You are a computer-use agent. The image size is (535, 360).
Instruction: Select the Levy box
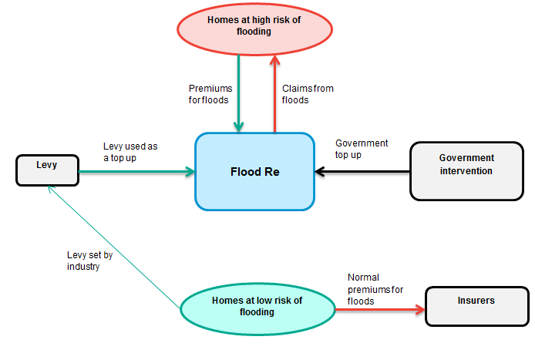pyautogui.click(x=47, y=170)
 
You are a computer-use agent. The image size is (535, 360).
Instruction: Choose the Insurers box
pyautogui.click(x=476, y=306)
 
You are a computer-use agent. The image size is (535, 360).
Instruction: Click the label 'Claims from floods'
pyautogui.click(x=307, y=94)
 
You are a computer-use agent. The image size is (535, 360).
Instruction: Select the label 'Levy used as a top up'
pyautogui.click(x=130, y=151)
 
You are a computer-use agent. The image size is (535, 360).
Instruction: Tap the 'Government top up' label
pyautogui.click(x=362, y=148)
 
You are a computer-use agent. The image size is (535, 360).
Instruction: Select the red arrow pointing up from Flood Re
pyautogui.click(x=274, y=96)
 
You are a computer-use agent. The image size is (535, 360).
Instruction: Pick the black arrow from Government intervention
pyautogui.click(x=362, y=171)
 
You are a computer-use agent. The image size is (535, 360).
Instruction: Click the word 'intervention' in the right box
pyautogui.click(x=466, y=170)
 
